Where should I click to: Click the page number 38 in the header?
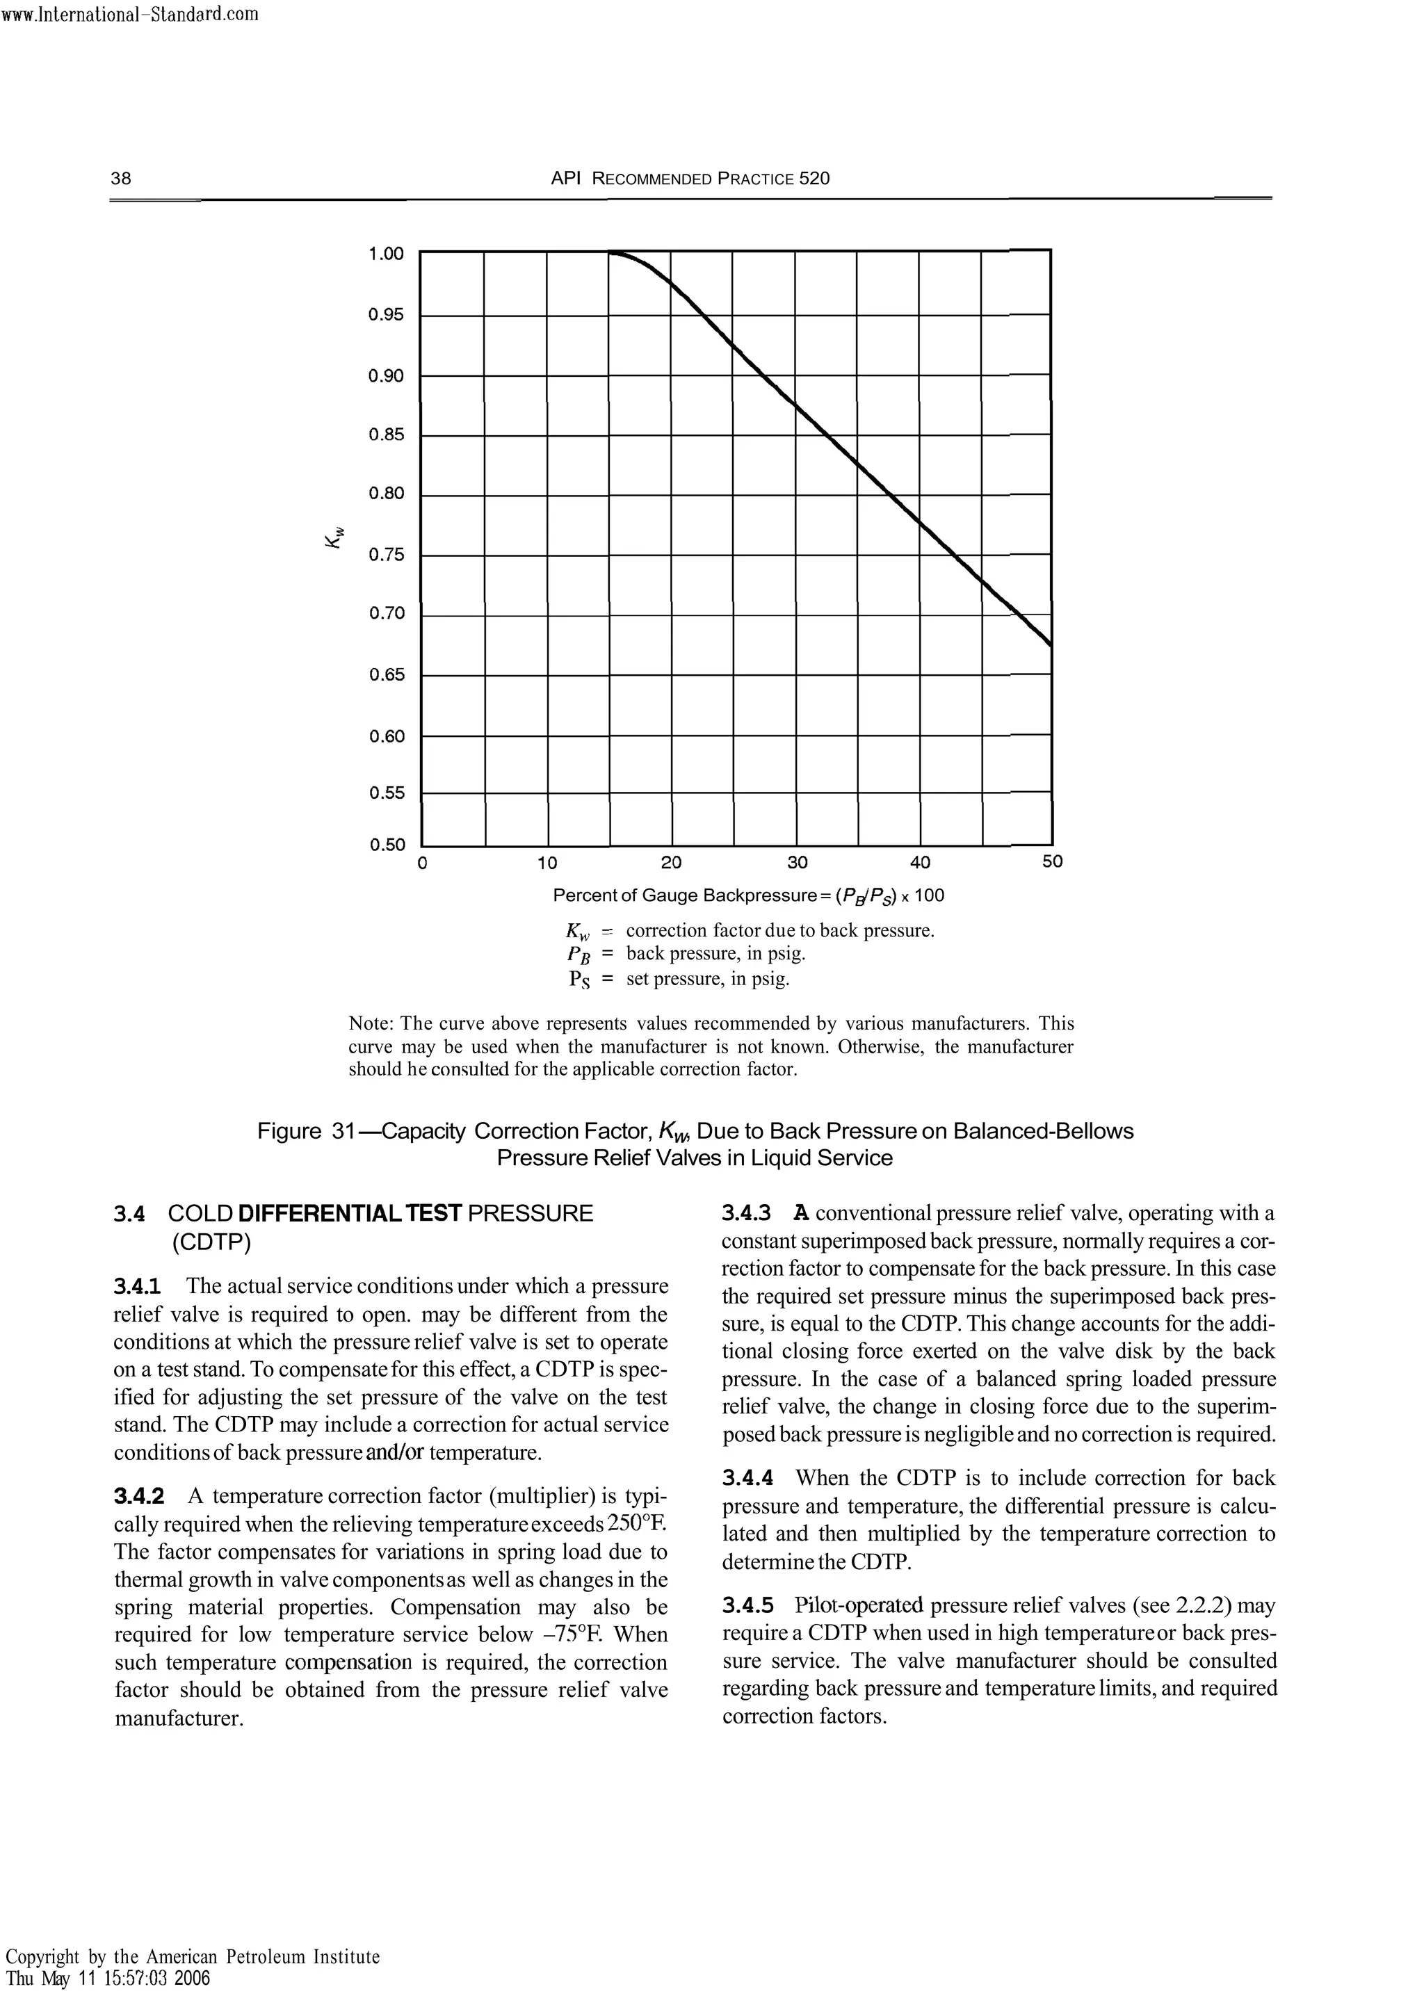(x=121, y=179)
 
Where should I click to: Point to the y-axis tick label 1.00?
(x=387, y=254)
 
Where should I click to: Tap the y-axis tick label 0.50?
(x=387, y=845)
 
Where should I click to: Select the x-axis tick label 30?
(x=796, y=863)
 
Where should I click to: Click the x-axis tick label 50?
(x=1052, y=862)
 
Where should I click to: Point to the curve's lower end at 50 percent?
(x=1050, y=642)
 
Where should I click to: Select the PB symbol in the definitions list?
(x=580, y=954)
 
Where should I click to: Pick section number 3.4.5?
(x=748, y=1606)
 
